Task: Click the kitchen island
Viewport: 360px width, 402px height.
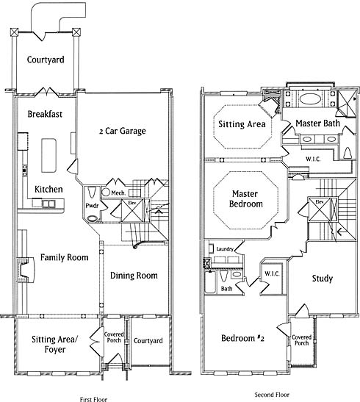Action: point(48,156)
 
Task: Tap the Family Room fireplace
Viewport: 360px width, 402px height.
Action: point(26,270)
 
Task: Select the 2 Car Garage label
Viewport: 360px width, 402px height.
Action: point(123,131)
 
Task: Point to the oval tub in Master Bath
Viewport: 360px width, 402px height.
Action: point(310,99)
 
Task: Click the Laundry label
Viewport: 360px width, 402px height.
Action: point(225,249)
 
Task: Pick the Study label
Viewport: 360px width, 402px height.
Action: point(323,279)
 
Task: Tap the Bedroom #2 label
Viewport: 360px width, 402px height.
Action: point(242,338)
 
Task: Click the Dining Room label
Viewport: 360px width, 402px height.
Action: point(134,276)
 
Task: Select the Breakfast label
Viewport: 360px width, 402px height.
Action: point(45,114)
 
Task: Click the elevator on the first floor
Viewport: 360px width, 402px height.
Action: point(132,210)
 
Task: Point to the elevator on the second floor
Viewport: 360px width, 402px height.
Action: point(320,209)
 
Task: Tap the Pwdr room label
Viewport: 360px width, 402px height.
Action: point(92,206)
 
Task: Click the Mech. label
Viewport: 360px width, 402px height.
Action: point(118,193)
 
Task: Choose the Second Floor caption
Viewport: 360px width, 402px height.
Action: point(272,395)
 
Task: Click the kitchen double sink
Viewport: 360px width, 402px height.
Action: point(48,204)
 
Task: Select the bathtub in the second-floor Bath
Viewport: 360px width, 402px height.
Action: point(210,282)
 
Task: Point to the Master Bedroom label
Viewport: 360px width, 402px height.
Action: point(245,198)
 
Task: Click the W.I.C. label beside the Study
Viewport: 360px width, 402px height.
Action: point(272,274)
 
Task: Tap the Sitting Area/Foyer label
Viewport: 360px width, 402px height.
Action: point(54,345)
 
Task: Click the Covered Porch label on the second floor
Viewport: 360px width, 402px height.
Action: point(301,340)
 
